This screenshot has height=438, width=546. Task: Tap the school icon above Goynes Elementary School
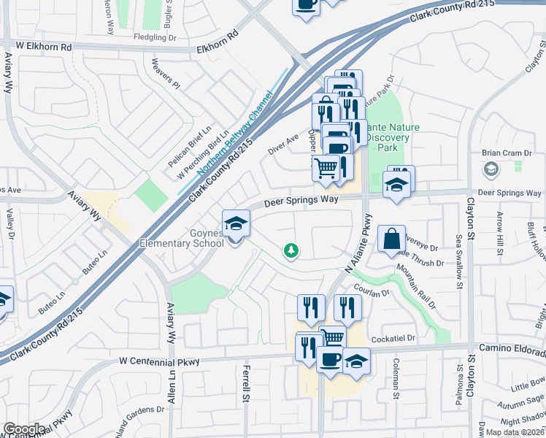(x=236, y=223)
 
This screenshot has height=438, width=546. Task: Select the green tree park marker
(x=291, y=251)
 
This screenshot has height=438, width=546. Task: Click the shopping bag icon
(x=391, y=237)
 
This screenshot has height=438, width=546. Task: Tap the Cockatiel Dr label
(x=395, y=339)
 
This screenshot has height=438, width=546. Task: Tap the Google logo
(x=23, y=429)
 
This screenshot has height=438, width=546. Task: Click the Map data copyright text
(x=515, y=432)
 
